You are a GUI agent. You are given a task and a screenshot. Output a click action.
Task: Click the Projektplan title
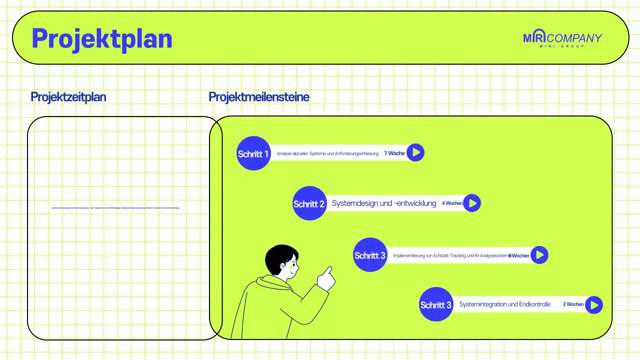click(x=102, y=38)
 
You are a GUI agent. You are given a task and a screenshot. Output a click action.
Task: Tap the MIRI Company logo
click(x=562, y=39)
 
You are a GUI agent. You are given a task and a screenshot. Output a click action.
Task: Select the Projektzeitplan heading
click(x=68, y=97)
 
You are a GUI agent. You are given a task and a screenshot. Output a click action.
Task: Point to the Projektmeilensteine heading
click(x=259, y=97)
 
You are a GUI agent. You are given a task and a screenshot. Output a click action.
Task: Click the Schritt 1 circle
click(x=253, y=153)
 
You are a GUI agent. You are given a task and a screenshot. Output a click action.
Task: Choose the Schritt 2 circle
click(x=309, y=203)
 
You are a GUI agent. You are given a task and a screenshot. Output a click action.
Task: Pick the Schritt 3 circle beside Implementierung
click(x=370, y=255)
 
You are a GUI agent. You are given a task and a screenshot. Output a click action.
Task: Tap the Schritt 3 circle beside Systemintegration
click(x=436, y=304)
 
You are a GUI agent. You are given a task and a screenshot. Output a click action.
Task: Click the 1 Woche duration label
click(x=394, y=153)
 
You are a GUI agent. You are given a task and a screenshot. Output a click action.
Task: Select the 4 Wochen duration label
click(x=452, y=203)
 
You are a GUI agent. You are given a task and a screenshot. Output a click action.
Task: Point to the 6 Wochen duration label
click(x=519, y=255)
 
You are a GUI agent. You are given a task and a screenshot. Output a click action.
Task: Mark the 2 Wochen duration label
click(x=573, y=304)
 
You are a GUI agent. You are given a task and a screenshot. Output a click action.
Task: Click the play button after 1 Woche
click(x=415, y=152)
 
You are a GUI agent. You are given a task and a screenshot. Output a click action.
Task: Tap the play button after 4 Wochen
click(x=472, y=203)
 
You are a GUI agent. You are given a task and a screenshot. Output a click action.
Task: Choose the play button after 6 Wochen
click(x=539, y=255)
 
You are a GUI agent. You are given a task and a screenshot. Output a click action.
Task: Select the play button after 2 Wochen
click(x=594, y=304)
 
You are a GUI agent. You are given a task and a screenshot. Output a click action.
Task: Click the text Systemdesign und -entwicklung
click(x=384, y=203)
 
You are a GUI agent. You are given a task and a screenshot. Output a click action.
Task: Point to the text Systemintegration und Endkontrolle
click(x=505, y=304)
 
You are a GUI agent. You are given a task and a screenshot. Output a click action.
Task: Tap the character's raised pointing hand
click(x=326, y=278)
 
